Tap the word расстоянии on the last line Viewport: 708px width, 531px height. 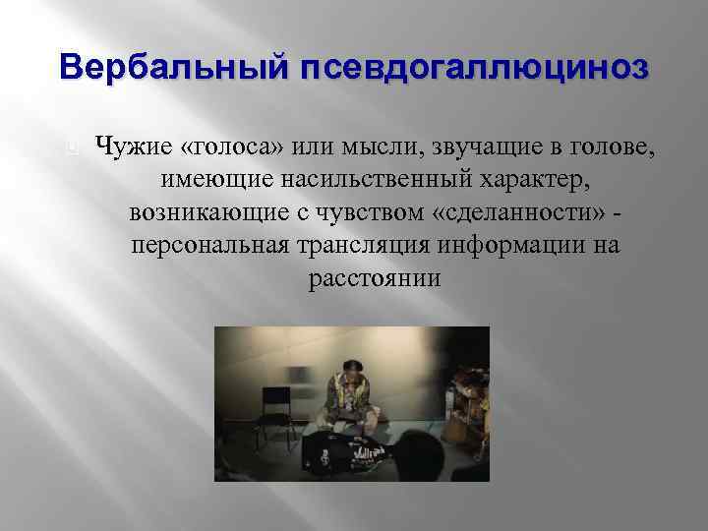point(375,277)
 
